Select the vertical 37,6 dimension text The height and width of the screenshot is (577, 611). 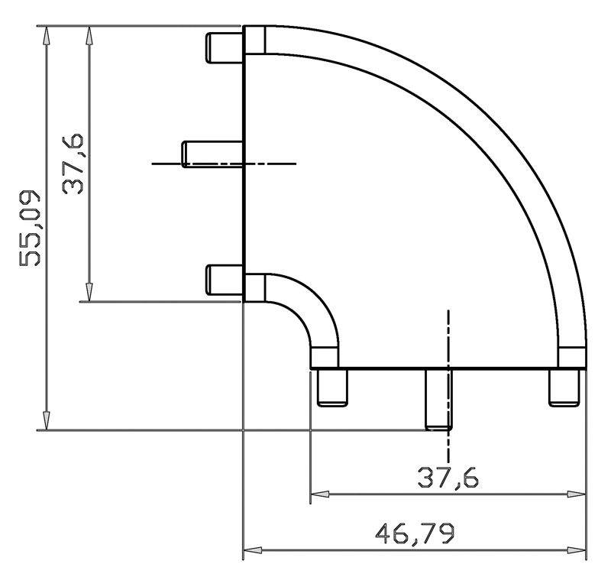74,164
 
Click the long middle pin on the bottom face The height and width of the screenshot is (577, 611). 438,399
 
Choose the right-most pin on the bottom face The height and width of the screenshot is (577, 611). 566,387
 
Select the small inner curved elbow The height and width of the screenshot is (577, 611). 305,304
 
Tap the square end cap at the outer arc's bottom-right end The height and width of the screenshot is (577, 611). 572,357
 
